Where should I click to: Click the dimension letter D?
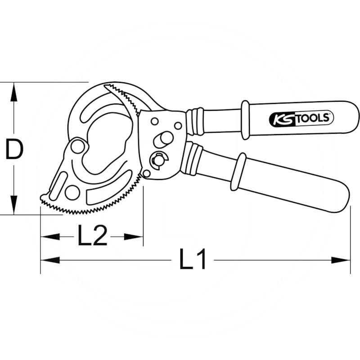pyautogui.click(x=13, y=149)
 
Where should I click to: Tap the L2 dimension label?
pyautogui.click(x=92, y=235)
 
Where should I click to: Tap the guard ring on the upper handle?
pyautogui.click(x=245, y=120)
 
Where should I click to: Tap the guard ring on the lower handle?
pyautogui.click(x=238, y=171)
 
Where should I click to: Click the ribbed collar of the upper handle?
pyautogui.click(x=196, y=121)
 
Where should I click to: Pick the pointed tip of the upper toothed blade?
pyautogui.click(x=106, y=85)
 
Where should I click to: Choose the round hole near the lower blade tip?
pyautogui.click(x=72, y=192)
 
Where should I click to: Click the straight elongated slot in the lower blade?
pyautogui.click(x=58, y=185)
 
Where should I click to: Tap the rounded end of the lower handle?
pyautogui.click(x=342, y=198)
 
